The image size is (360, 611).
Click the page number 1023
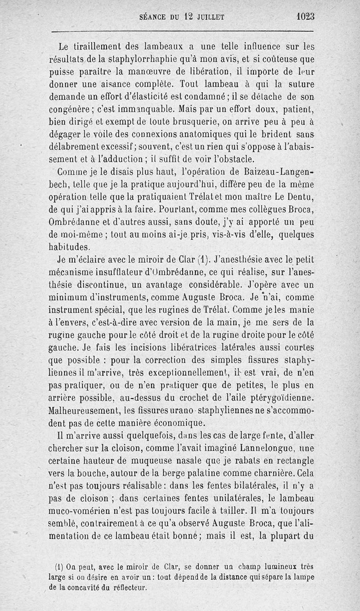pos(305,16)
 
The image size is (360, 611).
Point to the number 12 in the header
pos(188,17)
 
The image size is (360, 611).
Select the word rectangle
pos(291,461)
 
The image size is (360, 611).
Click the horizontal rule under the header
pos(183,31)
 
